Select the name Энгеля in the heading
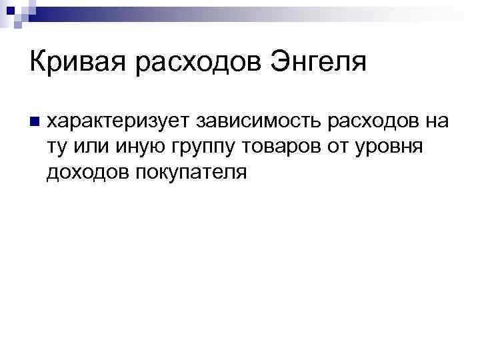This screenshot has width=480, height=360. pyautogui.click(x=319, y=63)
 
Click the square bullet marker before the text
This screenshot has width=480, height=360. pyautogui.click(x=33, y=122)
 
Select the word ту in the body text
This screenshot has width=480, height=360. pyautogui.click(x=56, y=147)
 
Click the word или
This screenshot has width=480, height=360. pyautogui.click(x=93, y=147)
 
